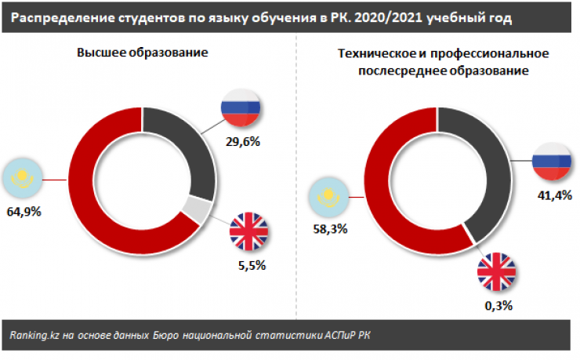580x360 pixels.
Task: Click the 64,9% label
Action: click(x=24, y=213)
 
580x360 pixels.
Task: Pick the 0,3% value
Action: click(x=497, y=306)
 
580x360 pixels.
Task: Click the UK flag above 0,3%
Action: click(x=498, y=272)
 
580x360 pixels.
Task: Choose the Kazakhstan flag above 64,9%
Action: click(x=24, y=179)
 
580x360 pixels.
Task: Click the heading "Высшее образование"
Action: click(x=142, y=52)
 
